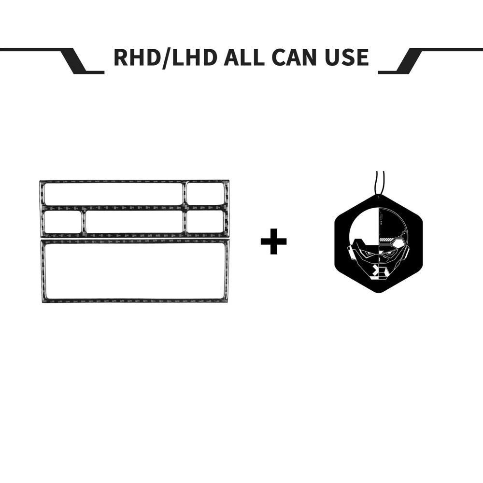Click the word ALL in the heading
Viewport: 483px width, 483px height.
[x=243, y=57]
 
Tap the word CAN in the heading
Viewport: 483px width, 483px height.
[x=295, y=57]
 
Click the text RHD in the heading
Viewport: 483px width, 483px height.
[x=137, y=57]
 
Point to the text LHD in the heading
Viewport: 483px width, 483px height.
[x=194, y=57]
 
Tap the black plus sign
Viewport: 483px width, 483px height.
[x=273, y=241]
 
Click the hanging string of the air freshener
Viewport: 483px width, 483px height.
[x=380, y=183]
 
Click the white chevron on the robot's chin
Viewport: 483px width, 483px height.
[x=375, y=270]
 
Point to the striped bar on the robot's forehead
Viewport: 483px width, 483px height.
[x=391, y=240]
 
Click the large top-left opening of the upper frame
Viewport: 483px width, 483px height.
[x=114, y=194]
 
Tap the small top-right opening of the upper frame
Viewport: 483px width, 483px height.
[x=205, y=194]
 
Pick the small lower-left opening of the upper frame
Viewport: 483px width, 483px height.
[x=63, y=222]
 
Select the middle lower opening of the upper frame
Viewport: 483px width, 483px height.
[x=134, y=222]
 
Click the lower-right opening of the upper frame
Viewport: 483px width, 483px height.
[x=205, y=222]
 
